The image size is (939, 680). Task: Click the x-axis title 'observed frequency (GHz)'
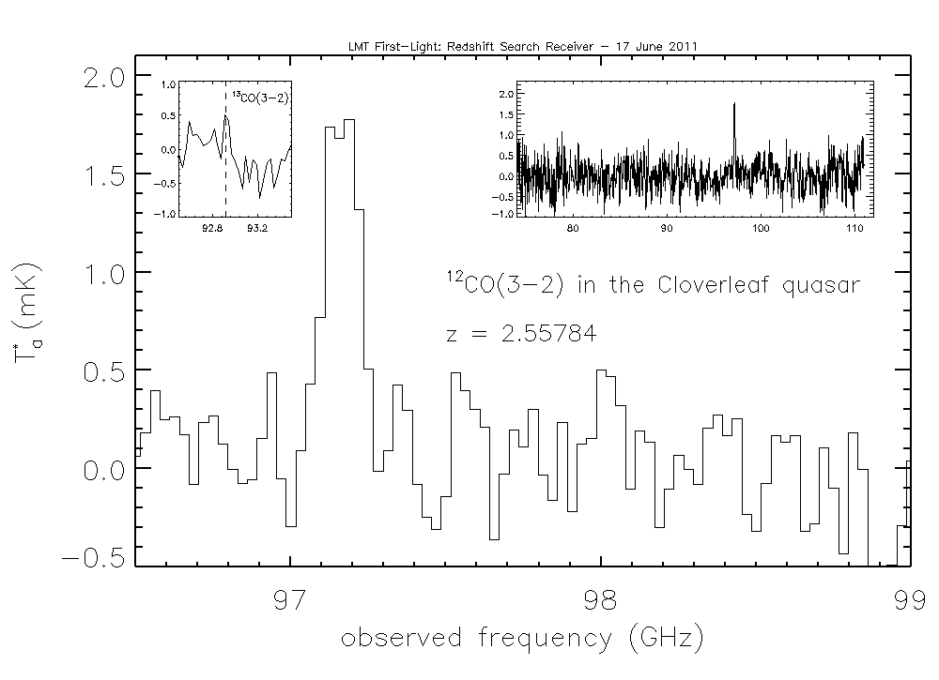pos(522,640)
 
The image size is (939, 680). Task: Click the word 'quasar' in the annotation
pos(823,286)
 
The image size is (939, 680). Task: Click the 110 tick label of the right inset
pos(853,228)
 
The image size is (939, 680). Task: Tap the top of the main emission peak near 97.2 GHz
pos(349,121)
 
